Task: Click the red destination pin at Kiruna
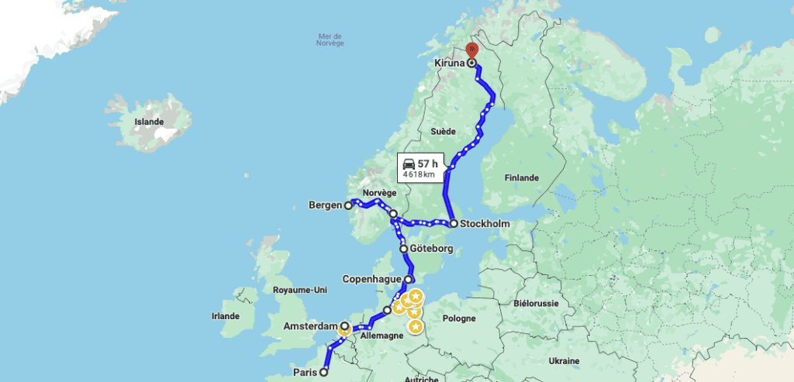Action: click(x=471, y=53)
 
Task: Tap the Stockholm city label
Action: click(x=485, y=224)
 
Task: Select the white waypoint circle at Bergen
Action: click(x=349, y=206)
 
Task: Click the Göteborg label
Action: click(x=432, y=249)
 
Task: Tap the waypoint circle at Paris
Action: click(x=324, y=372)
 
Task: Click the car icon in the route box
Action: click(x=409, y=163)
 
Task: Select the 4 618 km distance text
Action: click(x=418, y=174)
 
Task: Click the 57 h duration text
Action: click(x=428, y=163)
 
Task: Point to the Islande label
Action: click(x=149, y=122)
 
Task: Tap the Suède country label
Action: click(x=443, y=132)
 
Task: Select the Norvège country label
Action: click(x=379, y=193)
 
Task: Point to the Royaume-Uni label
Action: click(x=301, y=290)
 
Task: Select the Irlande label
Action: click(x=225, y=315)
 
